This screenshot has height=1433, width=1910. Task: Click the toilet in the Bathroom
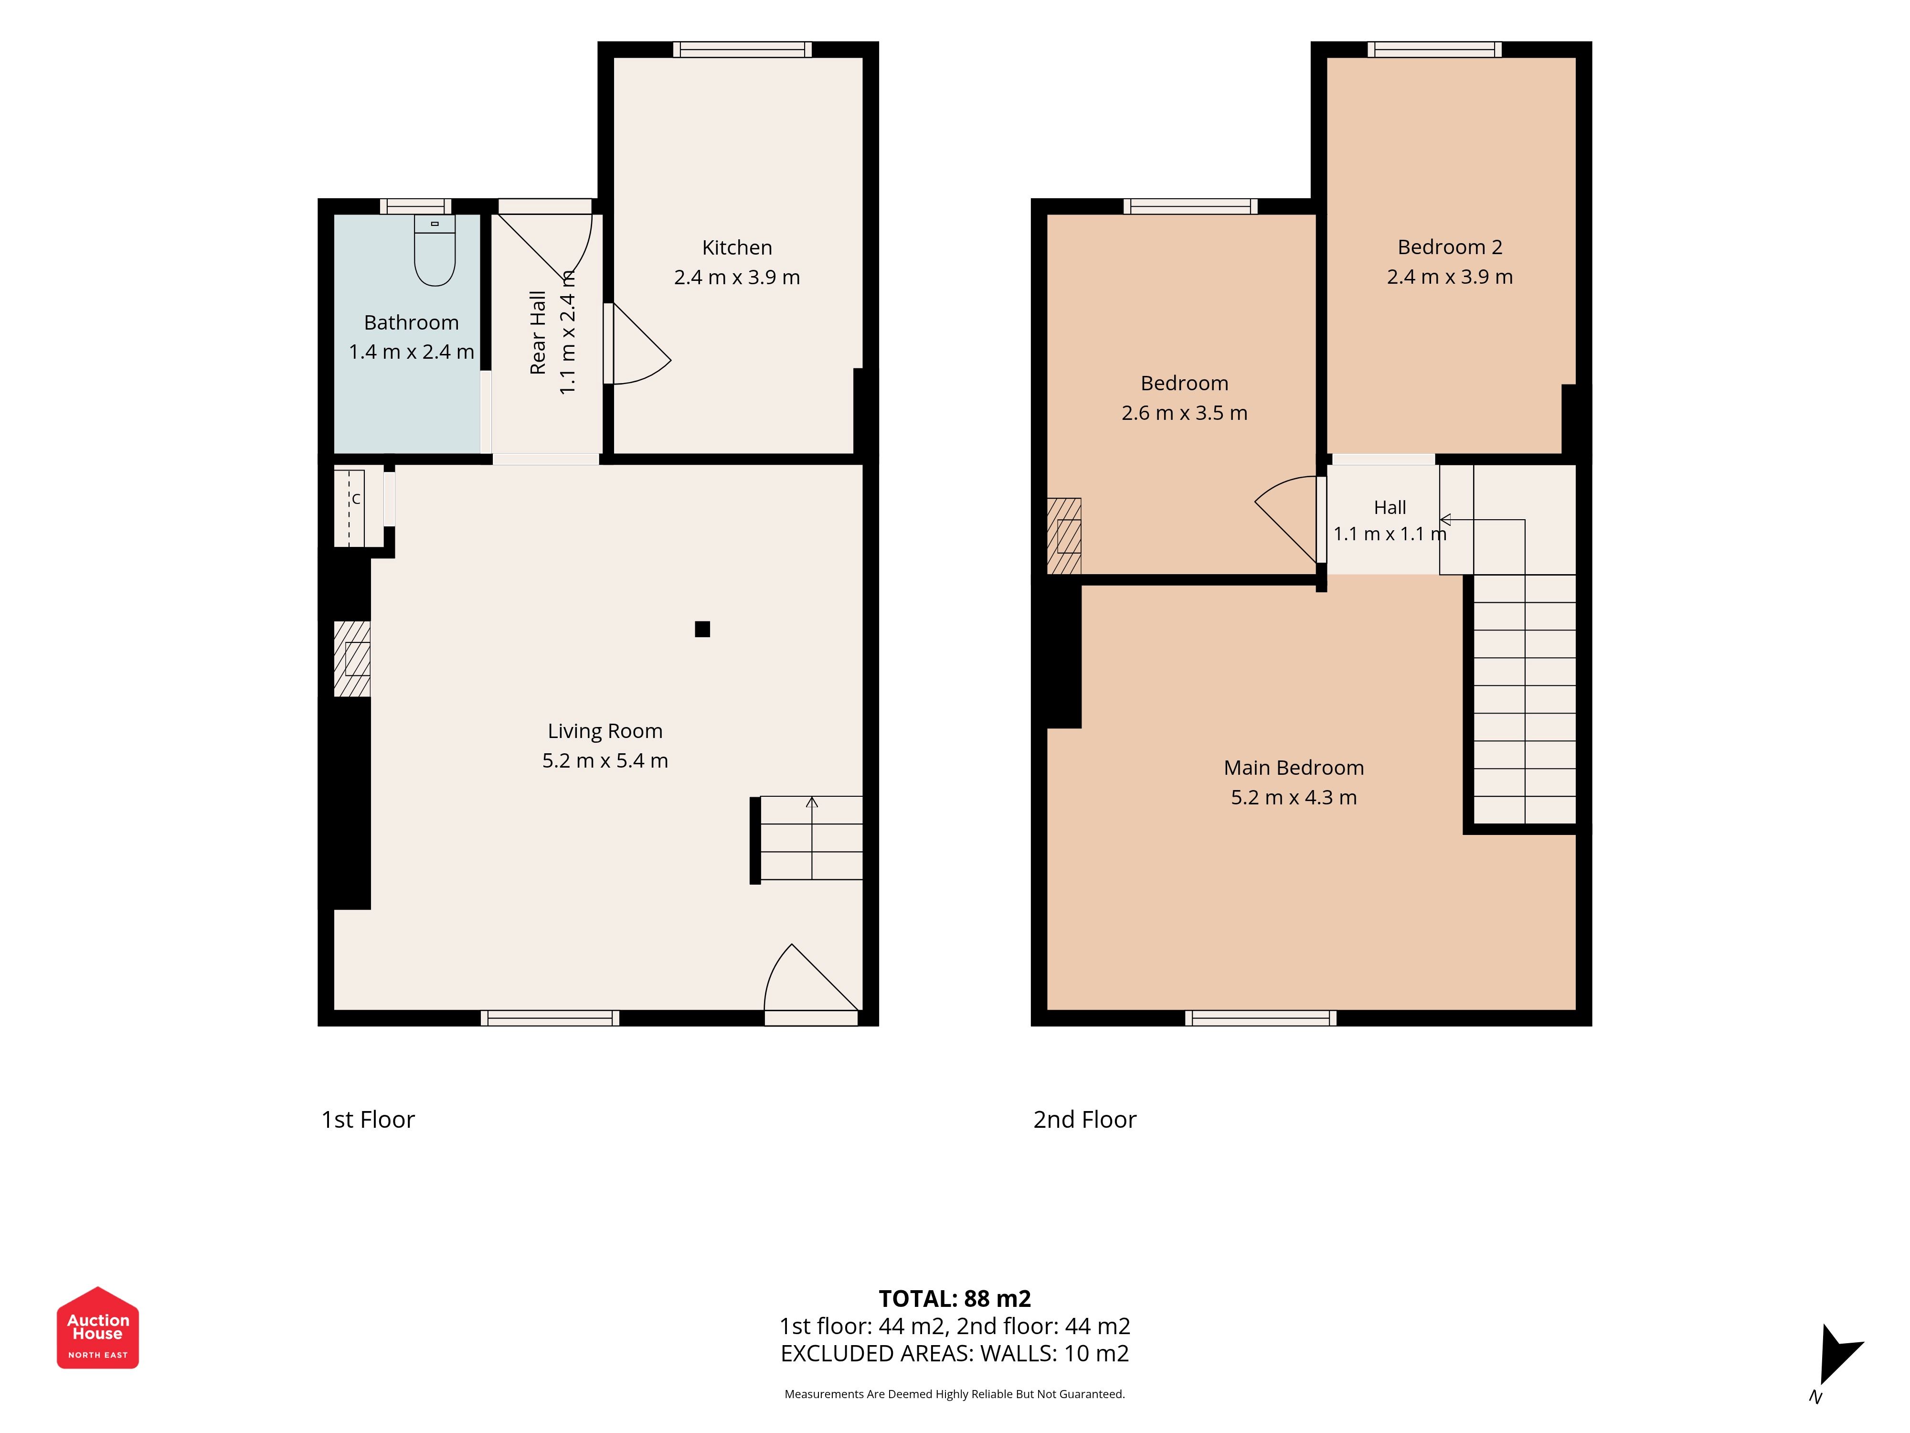click(435, 250)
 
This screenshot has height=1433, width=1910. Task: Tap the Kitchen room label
click(736, 248)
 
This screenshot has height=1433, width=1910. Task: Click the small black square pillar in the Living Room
click(702, 629)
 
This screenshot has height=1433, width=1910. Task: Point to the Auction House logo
click(97, 1327)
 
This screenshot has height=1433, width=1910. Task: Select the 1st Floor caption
click(368, 1120)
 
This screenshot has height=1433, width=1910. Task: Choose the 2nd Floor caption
click(1084, 1120)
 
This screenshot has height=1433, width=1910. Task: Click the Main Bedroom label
click(1294, 768)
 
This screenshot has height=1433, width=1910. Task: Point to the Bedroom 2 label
click(1450, 247)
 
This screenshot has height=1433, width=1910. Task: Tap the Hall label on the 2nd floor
click(1390, 508)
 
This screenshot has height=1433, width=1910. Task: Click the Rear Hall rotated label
click(538, 332)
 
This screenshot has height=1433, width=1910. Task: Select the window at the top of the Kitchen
click(742, 49)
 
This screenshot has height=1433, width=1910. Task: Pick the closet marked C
click(358, 506)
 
